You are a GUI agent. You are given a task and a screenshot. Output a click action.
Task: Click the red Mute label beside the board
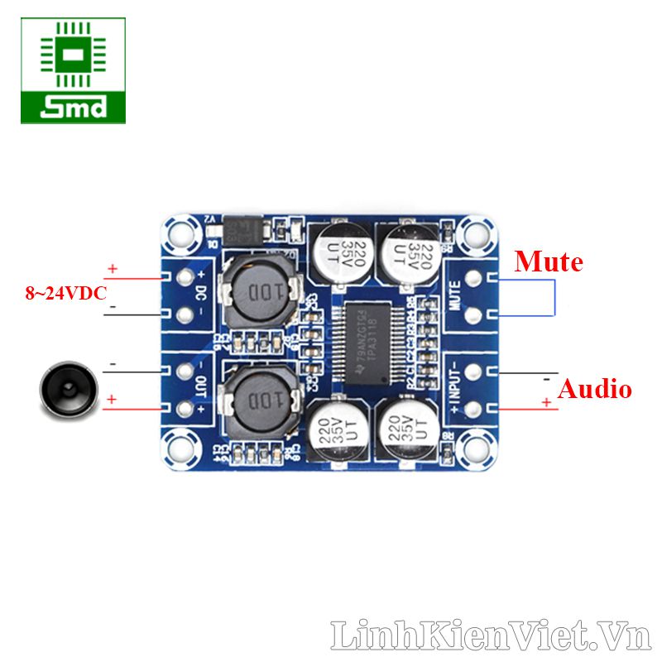(x=549, y=262)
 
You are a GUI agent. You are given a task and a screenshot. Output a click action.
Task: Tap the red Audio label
(x=594, y=389)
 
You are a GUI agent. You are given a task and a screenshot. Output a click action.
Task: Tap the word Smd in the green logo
(x=74, y=108)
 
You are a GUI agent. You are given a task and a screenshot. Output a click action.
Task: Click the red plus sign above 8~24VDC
(x=113, y=269)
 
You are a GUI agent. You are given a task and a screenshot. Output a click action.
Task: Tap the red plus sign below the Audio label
(x=546, y=402)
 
